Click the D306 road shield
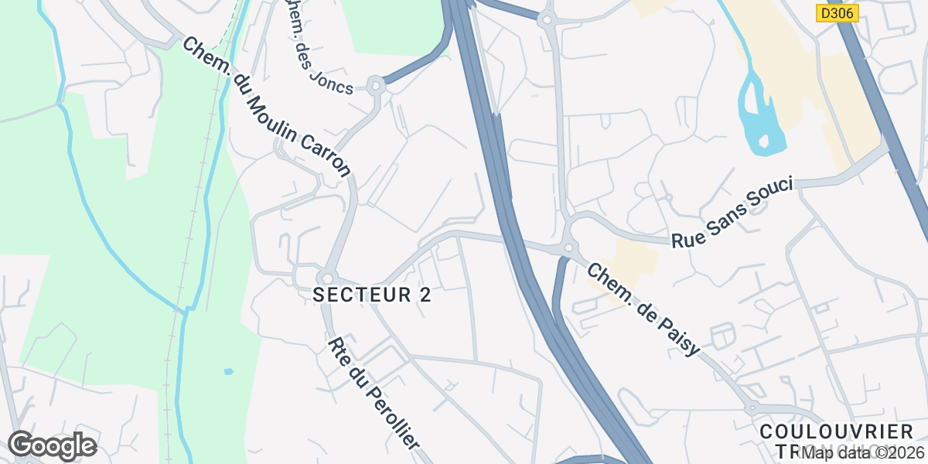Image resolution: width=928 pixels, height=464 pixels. (838, 13)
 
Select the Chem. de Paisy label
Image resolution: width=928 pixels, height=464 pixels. (643, 309)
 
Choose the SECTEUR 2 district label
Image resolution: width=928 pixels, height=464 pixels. (372, 295)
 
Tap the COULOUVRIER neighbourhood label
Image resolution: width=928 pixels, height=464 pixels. (837, 432)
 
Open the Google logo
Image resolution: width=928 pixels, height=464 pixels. (52, 446)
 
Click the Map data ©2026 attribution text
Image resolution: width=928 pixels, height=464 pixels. (862, 452)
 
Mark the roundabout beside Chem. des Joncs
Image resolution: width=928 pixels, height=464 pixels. (377, 85)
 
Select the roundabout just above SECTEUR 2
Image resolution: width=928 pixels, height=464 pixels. (326, 277)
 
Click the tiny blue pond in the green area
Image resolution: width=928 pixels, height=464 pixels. (228, 371)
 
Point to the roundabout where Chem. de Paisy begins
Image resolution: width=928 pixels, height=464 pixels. (569, 248)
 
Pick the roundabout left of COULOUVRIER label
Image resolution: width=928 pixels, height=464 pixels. (751, 408)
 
